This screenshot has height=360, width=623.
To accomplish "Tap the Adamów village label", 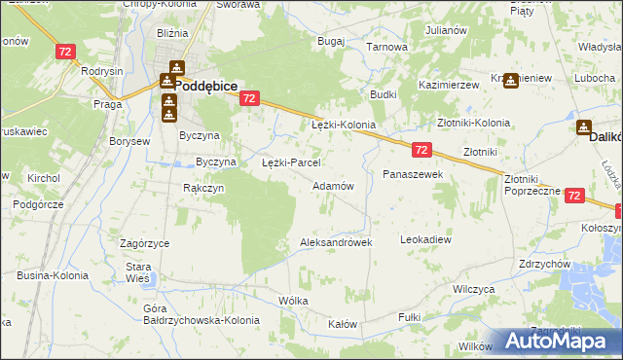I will [332, 185].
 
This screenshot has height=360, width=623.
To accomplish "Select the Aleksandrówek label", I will [337, 242].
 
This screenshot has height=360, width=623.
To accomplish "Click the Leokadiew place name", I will [426, 238].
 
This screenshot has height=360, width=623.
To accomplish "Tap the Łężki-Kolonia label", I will [343, 126].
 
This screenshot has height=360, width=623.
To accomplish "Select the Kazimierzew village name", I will [450, 86].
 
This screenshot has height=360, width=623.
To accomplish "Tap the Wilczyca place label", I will [474, 290].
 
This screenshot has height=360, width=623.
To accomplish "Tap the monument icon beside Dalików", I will [584, 126].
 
